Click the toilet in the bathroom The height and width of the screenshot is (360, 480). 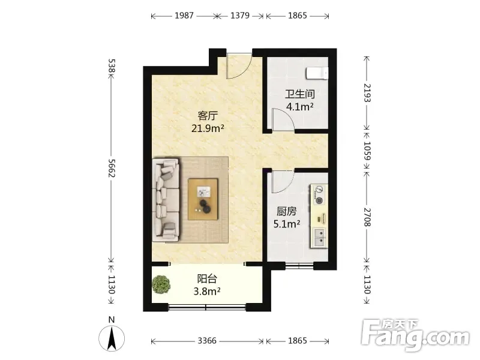pos(317,73)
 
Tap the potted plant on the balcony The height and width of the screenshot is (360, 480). pos(161,284)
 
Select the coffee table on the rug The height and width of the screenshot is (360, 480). pos(203,199)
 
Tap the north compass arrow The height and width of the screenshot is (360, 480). pos(112,338)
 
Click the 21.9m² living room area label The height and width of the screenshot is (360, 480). pos(208,128)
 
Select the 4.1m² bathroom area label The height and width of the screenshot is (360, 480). pos(299,107)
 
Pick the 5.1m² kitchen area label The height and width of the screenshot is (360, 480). pos(287,224)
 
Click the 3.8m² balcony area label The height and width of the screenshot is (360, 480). pos(207,291)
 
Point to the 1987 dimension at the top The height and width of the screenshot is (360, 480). pos(184,16)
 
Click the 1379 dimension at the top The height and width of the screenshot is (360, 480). pos(240,16)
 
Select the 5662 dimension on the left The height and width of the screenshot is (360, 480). pos(111,168)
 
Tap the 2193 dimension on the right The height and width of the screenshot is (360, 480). pos(367,93)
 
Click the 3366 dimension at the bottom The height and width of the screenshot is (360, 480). pos(207,340)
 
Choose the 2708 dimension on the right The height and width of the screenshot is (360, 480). pos(367,217)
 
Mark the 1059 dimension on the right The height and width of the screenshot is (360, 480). pos(367,151)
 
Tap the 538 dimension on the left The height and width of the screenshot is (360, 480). pos(112,66)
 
